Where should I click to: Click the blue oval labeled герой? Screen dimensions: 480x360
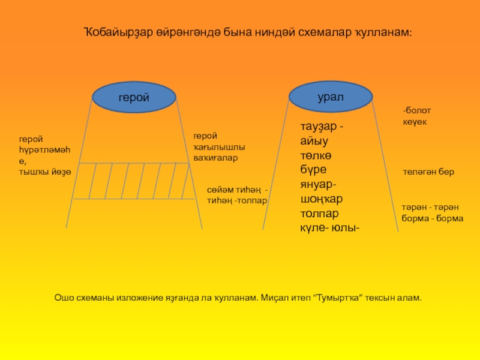[134, 98]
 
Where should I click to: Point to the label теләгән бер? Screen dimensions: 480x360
[428, 172]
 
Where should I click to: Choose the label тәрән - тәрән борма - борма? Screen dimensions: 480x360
[432, 214]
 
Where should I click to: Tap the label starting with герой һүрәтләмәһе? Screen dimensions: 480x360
[45, 155]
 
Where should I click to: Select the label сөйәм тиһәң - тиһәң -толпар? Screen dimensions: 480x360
[237, 195]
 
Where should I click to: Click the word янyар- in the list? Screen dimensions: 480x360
[318, 185]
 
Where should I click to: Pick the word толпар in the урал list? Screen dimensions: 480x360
[320, 214]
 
